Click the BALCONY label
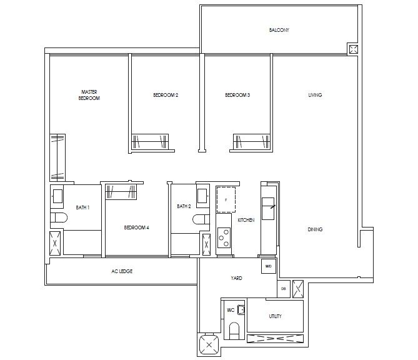coord(279,30)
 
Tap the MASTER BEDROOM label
coord(89,95)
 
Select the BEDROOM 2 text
coord(166,95)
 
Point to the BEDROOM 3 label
coord(237,95)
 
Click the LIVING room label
coord(315,95)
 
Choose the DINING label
coord(315,229)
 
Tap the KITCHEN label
coord(246,220)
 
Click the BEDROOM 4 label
coord(136,227)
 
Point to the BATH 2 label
coord(183,206)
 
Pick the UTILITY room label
coord(275,316)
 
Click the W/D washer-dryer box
coord(268,266)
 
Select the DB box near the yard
coord(284,288)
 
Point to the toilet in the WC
coord(234,329)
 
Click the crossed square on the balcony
coord(353,49)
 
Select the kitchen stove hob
coord(224,238)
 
